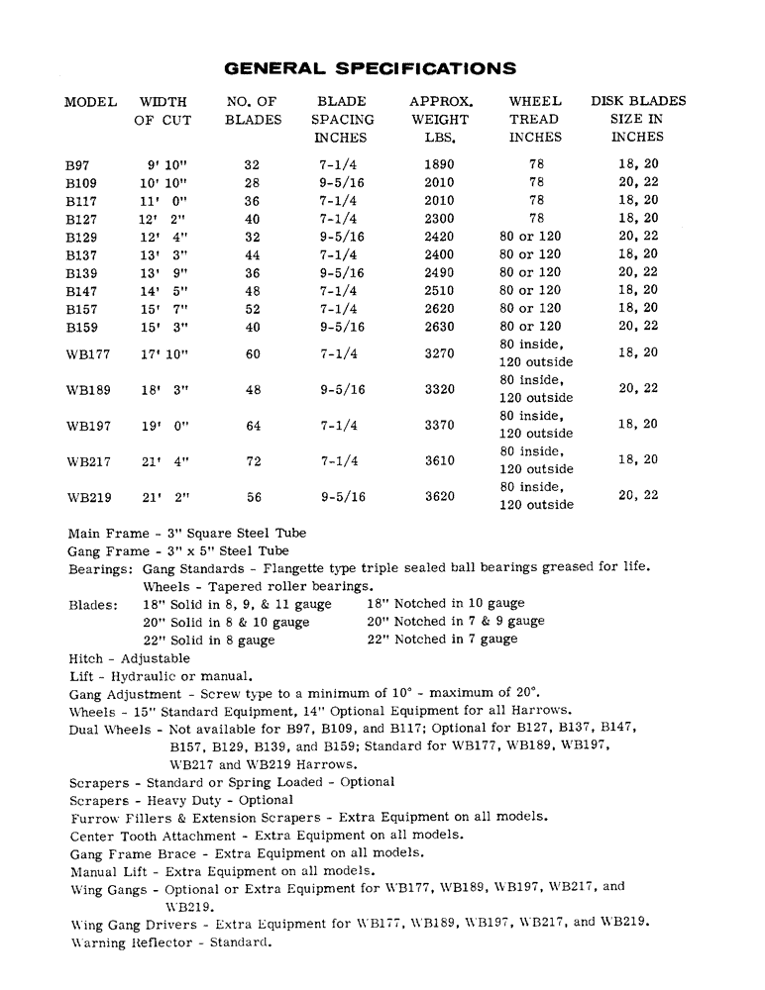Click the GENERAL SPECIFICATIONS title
pyautogui.click(x=370, y=68)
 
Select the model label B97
pyautogui.click(x=79, y=166)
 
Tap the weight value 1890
pyautogui.click(x=439, y=164)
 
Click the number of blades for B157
pyautogui.click(x=253, y=308)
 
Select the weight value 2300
pyautogui.click(x=439, y=219)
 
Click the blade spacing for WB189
pyautogui.click(x=342, y=390)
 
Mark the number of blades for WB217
pyautogui.click(x=253, y=461)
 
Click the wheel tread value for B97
pyautogui.click(x=536, y=164)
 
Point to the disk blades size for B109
pyautogui.click(x=638, y=183)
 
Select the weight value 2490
pyautogui.click(x=439, y=272)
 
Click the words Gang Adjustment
pyautogui.click(x=125, y=694)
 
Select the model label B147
pyautogui.click(x=81, y=291)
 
